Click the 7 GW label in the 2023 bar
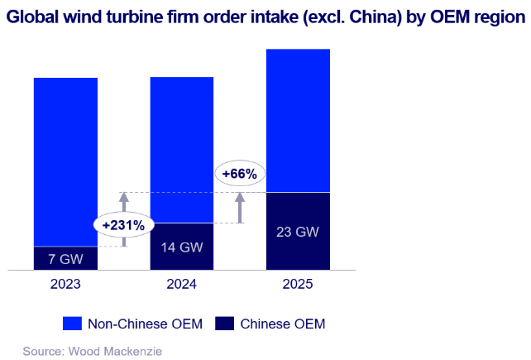click(x=65, y=259)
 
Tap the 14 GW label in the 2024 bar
click(x=182, y=247)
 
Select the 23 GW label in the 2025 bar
click(x=298, y=232)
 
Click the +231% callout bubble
click(x=123, y=225)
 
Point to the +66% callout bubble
click(x=240, y=174)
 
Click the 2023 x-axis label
click(x=65, y=284)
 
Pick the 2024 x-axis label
click(x=181, y=284)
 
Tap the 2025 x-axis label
click(x=298, y=284)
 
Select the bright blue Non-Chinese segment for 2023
click(x=65, y=162)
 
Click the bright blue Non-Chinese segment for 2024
click(x=182, y=150)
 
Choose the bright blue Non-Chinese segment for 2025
click(x=298, y=121)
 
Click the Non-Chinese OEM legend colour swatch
click(x=72, y=324)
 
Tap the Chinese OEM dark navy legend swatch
click(x=224, y=324)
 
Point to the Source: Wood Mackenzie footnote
click(x=93, y=351)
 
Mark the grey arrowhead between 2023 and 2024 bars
click(x=124, y=197)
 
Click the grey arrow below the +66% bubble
click(x=240, y=208)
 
